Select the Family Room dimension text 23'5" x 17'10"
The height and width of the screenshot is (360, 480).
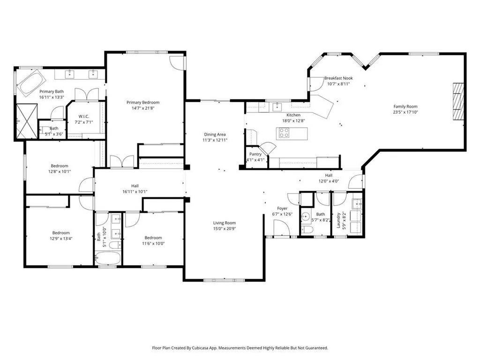pos(405,112)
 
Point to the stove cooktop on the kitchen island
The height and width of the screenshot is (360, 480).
pos(284,133)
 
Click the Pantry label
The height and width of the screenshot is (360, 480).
pos(255,154)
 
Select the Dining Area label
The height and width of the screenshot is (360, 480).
pos(215,135)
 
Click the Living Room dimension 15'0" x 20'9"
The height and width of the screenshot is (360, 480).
pos(224,229)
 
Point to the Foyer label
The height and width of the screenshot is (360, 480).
pos(282,208)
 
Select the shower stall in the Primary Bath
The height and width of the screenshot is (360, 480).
pos(26,121)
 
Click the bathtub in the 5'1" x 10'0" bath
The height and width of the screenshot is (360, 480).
pos(107,259)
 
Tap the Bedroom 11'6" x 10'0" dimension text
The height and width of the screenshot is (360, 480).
pos(153,244)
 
